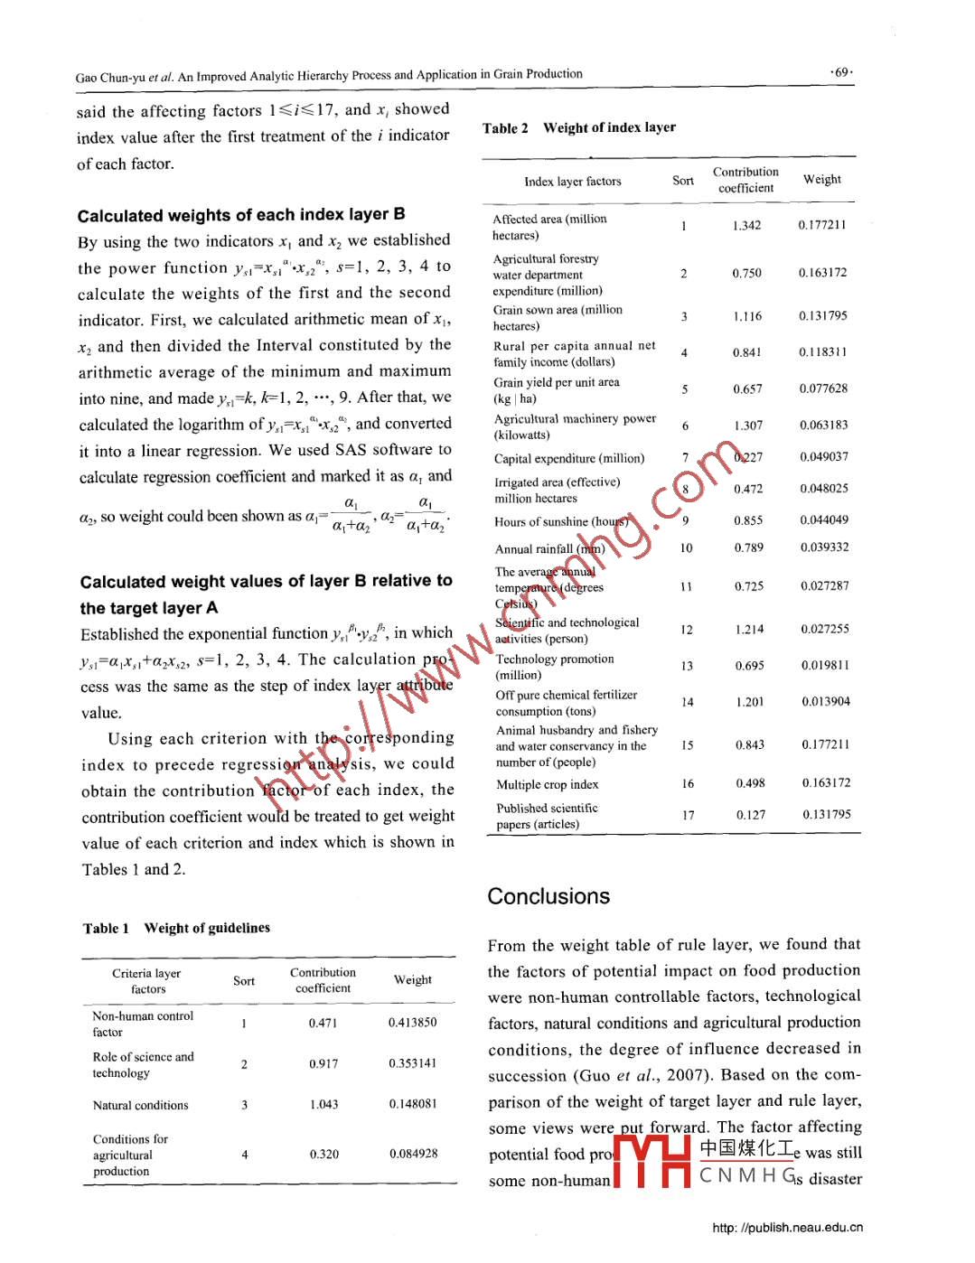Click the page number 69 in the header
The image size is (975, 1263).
pos(841,72)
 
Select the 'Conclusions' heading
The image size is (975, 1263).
pos(548,896)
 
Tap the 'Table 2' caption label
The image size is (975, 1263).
pos(505,128)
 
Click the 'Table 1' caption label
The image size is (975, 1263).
pos(106,928)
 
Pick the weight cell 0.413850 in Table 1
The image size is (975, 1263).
pos(412,1023)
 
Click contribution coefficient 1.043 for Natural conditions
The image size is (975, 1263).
pos(323,1104)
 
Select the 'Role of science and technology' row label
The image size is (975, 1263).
pos(143,1064)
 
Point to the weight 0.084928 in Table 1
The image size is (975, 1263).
pos(413,1154)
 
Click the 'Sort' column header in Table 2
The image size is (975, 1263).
pos(683,181)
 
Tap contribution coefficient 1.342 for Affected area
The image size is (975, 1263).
pos(746,226)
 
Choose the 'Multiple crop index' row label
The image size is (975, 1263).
pos(547,784)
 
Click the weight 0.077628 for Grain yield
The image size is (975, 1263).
pos(823,388)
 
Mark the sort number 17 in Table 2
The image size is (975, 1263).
pos(688,815)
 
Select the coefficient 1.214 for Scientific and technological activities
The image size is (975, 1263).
pos(749,629)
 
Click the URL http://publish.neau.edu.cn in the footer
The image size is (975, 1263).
pos(787,1228)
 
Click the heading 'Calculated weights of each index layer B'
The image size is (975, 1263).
pos(241,215)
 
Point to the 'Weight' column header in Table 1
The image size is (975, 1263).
pos(412,979)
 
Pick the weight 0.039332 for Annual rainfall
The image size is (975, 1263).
pos(824,547)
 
